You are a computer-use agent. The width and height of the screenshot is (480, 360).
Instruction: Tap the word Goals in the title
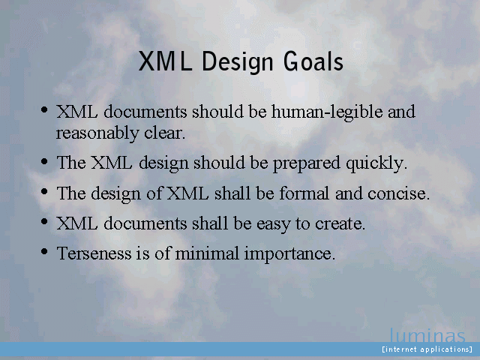click(313, 61)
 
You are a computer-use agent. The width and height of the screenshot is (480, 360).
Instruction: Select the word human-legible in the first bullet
click(327, 112)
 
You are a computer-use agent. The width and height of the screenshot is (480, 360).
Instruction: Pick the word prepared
click(307, 163)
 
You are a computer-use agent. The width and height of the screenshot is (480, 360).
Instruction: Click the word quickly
click(376, 163)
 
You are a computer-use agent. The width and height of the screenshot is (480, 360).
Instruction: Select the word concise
click(398, 193)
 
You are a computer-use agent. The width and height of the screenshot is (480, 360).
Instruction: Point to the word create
click(340, 224)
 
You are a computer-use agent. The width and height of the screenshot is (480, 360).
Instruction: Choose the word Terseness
click(94, 253)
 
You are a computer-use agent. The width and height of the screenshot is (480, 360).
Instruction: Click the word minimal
click(207, 253)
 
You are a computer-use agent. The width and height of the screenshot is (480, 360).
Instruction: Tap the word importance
click(289, 254)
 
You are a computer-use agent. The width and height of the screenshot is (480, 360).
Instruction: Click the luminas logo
click(427, 335)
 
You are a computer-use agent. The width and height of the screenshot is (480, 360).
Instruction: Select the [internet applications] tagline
click(427, 349)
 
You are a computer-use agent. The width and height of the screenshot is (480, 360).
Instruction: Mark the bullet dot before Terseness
click(44, 252)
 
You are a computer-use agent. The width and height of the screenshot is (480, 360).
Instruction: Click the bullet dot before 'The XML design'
click(44, 161)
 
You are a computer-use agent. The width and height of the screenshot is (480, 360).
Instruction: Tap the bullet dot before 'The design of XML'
click(44, 192)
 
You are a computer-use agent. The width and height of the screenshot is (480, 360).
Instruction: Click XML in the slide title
click(165, 61)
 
